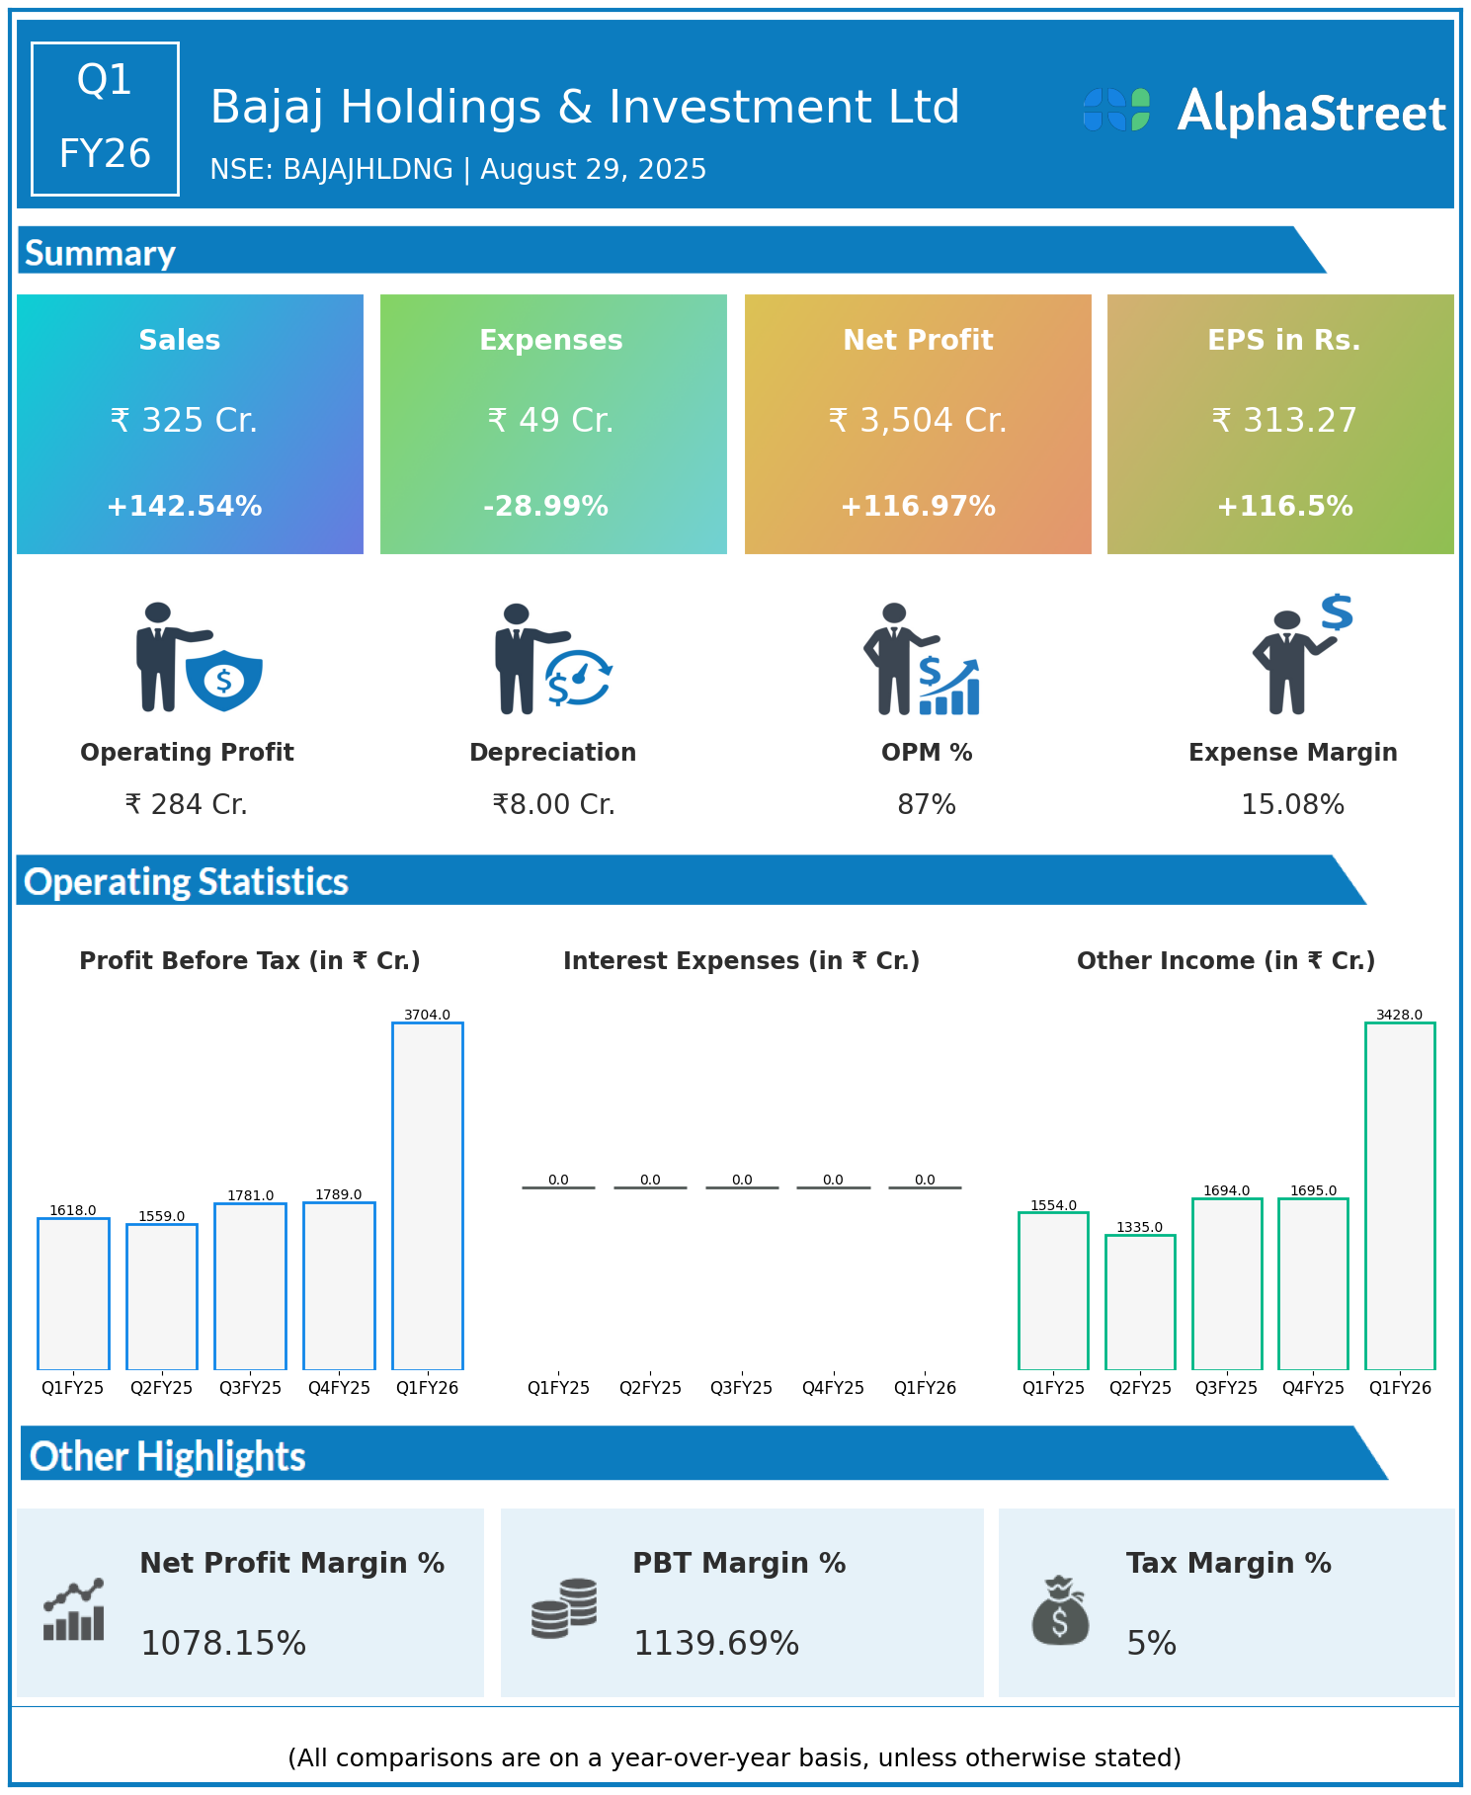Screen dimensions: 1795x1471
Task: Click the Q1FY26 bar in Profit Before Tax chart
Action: [427, 1195]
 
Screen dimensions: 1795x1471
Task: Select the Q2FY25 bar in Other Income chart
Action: [1140, 1302]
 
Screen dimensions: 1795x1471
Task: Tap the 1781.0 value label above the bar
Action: [251, 1195]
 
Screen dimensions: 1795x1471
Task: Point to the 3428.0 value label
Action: [1399, 1015]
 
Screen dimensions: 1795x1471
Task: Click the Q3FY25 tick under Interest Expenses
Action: [742, 1387]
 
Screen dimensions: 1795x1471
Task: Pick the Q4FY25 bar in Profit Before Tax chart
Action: [339, 1285]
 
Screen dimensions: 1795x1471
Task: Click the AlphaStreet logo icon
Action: [1116, 110]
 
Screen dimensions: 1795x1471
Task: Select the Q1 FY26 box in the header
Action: [105, 119]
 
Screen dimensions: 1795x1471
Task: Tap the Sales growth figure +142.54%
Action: [185, 506]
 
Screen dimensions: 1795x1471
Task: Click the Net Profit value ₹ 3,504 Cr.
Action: [918, 420]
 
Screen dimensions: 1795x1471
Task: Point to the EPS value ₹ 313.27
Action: [1284, 420]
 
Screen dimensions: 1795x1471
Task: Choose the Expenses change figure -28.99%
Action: [545, 506]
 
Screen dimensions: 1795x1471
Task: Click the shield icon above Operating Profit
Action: [224, 680]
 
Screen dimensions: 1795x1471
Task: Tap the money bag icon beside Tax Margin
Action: [1060, 1610]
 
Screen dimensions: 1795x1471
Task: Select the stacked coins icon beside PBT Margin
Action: [564, 1608]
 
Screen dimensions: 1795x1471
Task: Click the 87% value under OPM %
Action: [927, 805]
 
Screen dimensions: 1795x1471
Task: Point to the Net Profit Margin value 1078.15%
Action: [223, 1643]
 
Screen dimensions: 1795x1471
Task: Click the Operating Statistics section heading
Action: [187, 881]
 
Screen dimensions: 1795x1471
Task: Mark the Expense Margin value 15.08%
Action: [1292, 805]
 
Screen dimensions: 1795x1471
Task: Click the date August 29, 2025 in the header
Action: [593, 170]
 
